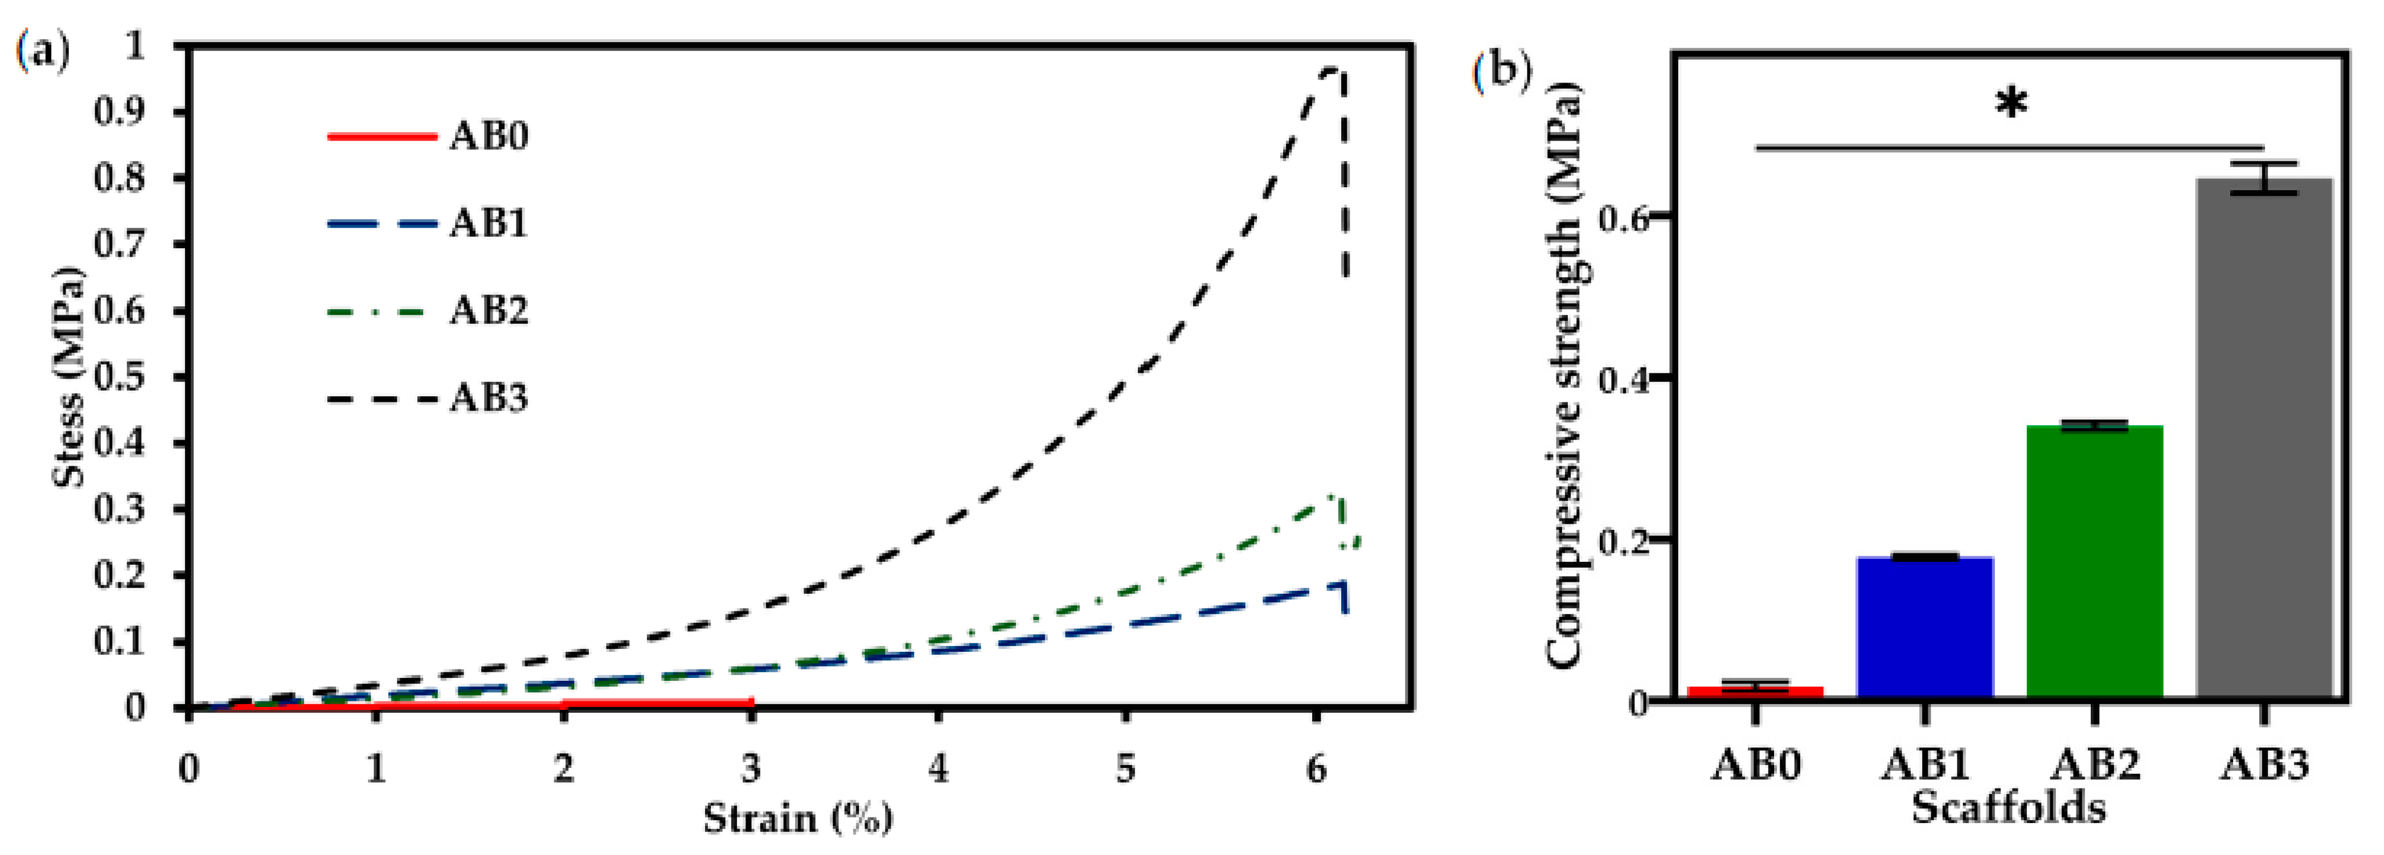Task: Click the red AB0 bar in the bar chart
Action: tap(1756, 691)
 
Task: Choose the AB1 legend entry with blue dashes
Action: tap(428, 224)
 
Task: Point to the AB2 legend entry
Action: tap(428, 311)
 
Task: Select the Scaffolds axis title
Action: tap(2008, 808)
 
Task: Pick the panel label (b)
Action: tap(1501, 71)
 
